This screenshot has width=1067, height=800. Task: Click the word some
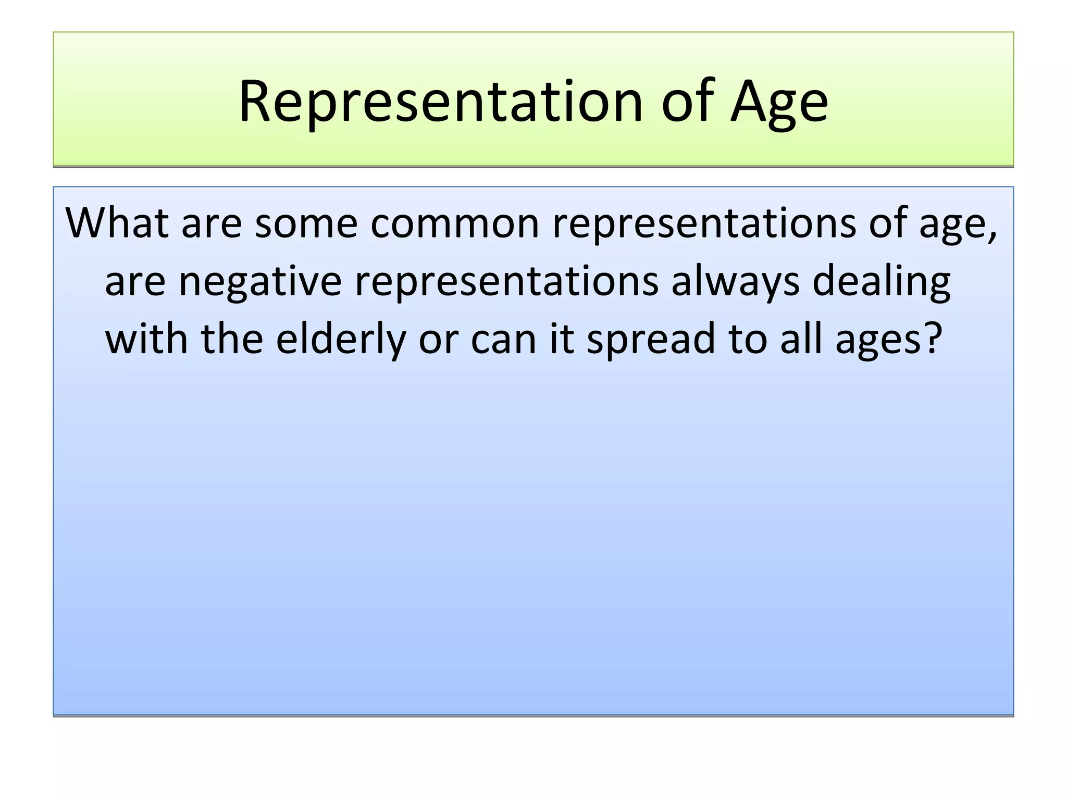pyautogui.click(x=306, y=223)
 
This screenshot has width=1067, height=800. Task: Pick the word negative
pyautogui.click(x=260, y=281)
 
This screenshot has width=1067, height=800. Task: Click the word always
pyautogui.click(x=735, y=281)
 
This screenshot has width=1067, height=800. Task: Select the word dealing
pyautogui.click(x=882, y=281)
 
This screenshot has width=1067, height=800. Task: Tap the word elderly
pyautogui.click(x=341, y=339)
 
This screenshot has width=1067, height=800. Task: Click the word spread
pyautogui.click(x=651, y=339)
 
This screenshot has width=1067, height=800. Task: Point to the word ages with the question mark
pyautogui.click(x=889, y=339)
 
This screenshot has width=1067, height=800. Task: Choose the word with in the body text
pyautogui.click(x=146, y=339)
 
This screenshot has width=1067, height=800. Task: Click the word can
pyautogui.click(x=503, y=339)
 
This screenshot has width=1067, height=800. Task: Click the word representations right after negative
pyautogui.click(x=506, y=281)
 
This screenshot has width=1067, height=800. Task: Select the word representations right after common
pyautogui.click(x=703, y=223)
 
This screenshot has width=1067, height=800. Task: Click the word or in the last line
pyautogui.click(x=438, y=339)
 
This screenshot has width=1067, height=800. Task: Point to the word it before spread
pyautogui.click(x=562, y=339)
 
